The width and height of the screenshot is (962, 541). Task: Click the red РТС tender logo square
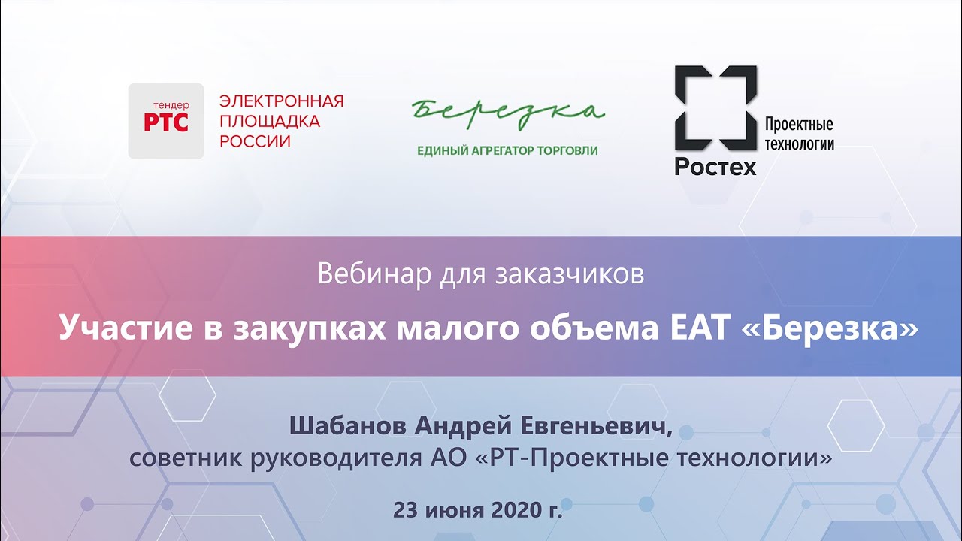click(166, 120)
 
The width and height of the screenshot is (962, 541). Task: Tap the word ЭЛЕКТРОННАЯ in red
click(281, 101)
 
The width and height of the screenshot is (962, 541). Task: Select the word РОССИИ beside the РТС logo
click(255, 141)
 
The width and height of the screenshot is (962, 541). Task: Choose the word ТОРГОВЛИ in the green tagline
click(568, 150)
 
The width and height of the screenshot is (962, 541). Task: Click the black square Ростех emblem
click(715, 107)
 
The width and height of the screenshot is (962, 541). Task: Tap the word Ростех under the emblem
click(715, 166)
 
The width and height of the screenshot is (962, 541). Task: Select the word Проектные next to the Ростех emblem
click(798, 125)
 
